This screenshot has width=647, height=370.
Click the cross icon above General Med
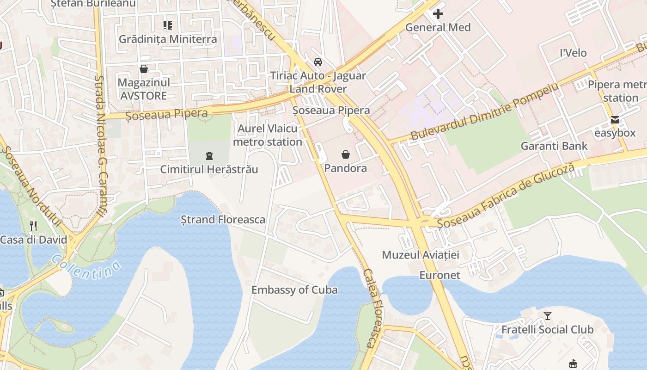[x=438, y=14]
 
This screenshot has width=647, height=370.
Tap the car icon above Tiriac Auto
[x=318, y=62]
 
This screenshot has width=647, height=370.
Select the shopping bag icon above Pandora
[x=346, y=154]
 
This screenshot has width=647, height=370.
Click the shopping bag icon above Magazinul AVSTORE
[x=144, y=69]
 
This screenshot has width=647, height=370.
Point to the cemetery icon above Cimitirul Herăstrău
[x=209, y=156]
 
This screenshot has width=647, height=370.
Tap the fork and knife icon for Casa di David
[x=33, y=226]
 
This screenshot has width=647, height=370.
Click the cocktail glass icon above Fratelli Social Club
[x=548, y=316]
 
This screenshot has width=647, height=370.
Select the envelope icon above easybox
[x=615, y=120]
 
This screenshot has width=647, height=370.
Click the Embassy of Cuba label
[x=294, y=290]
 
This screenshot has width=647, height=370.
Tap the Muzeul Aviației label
[x=421, y=255]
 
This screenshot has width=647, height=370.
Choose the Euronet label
[x=439, y=275]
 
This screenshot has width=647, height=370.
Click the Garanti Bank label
[x=554, y=146]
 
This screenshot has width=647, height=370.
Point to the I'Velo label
[x=573, y=53]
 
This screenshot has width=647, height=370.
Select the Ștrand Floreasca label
[x=223, y=219]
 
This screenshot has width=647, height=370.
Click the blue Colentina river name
[x=86, y=267]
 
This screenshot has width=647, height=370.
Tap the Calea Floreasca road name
[x=370, y=308]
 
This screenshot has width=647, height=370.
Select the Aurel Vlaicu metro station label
[x=268, y=135]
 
